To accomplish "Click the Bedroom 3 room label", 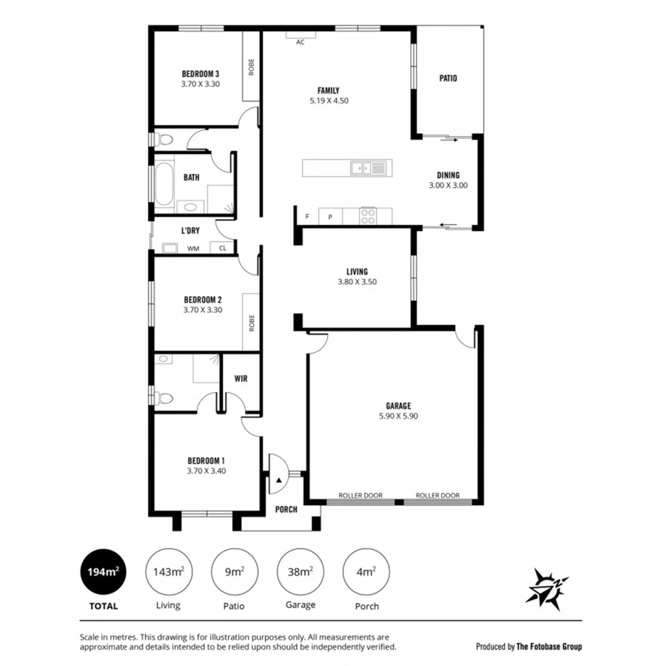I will [201, 74].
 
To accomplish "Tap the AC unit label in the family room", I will [300, 43].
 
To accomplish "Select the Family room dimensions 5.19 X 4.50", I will [329, 101].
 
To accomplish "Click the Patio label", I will [448, 78].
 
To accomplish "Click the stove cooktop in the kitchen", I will [368, 215].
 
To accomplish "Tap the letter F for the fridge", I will [307, 217].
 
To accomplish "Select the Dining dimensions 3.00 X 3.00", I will [448, 186].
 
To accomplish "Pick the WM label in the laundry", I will [192, 249].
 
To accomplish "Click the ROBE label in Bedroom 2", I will [252, 322].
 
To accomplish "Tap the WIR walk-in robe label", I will [240, 379].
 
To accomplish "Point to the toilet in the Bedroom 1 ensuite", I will [164, 398].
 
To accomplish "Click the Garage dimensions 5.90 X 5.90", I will [398, 416].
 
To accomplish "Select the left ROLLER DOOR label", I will [360, 496].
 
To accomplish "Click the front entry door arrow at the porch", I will [278, 481].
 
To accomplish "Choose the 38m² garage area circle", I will [300, 571].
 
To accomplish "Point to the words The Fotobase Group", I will [549, 646].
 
